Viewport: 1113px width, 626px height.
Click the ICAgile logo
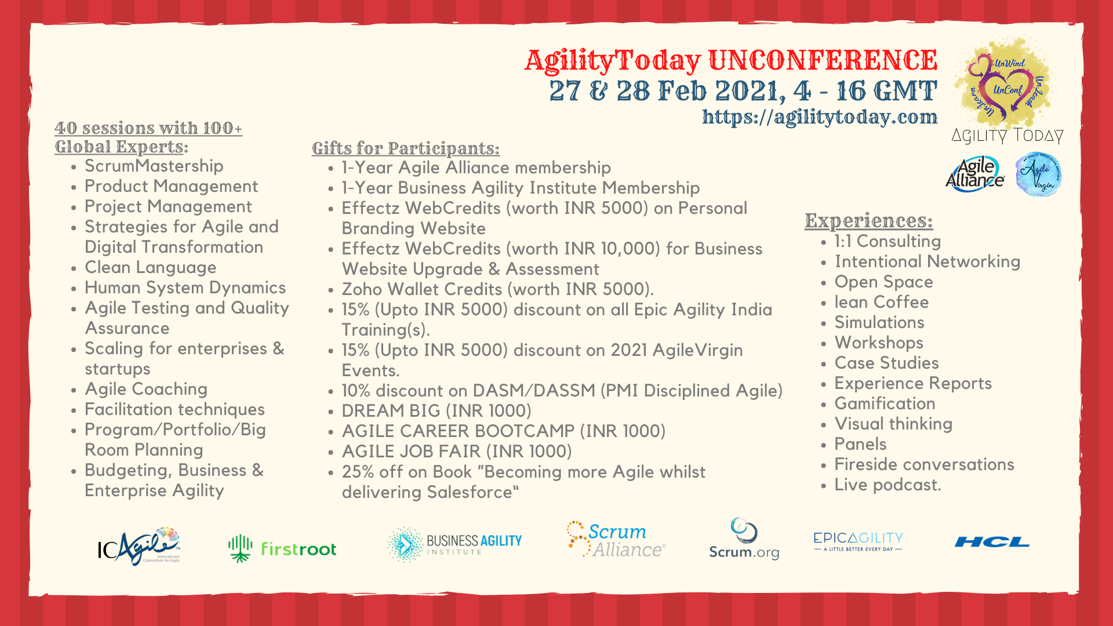click(x=139, y=546)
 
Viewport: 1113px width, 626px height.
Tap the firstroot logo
click(x=282, y=548)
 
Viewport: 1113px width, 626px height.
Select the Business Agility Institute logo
click(x=454, y=545)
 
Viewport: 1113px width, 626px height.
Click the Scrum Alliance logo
click(x=616, y=539)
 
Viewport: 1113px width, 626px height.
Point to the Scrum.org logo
click(x=744, y=538)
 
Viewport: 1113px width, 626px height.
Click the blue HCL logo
click(x=992, y=542)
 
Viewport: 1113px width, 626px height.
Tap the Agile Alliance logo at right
click(x=975, y=174)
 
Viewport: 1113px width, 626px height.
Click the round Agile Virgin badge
click(x=1038, y=174)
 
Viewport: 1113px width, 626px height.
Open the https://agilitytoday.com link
click(x=820, y=117)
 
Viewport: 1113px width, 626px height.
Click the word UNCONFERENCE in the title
click(x=823, y=60)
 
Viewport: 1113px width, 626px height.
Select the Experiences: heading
click(x=868, y=221)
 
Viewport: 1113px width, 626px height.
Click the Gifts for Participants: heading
click(x=405, y=148)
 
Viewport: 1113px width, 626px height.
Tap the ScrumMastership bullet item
click(x=154, y=166)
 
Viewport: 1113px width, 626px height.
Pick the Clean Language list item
click(x=150, y=267)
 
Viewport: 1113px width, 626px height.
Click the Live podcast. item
click(x=888, y=485)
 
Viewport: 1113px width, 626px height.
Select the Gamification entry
click(x=885, y=403)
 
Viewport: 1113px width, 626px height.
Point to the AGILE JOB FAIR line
click(x=457, y=452)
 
